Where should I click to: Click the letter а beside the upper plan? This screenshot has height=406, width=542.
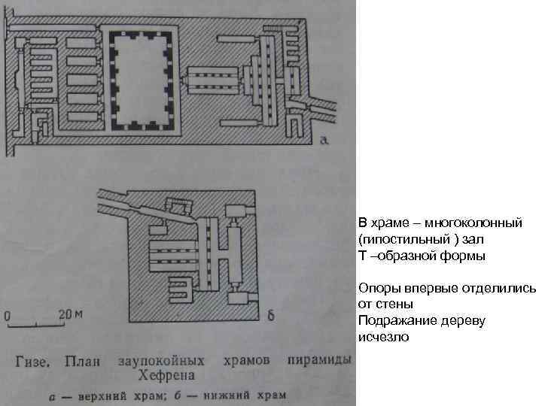click(x=324, y=140)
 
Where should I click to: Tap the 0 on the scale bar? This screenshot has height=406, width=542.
click(x=9, y=316)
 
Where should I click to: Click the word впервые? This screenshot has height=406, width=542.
click(x=422, y=289)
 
